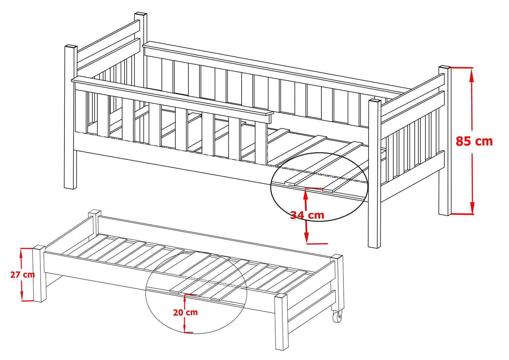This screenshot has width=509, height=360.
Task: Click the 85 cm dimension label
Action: (x=474, y=141)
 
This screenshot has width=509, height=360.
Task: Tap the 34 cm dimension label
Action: (x=307, y=215)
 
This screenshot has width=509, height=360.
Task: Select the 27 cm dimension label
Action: (x=22, y=275)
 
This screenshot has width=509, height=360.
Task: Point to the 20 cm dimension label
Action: (x=185, y=312)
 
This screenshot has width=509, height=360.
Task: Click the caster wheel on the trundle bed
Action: (x=337, y=316)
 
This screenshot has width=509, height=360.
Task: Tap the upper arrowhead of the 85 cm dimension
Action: (x=472, y=74)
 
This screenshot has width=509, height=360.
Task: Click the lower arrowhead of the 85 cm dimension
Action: (x=472, y=207)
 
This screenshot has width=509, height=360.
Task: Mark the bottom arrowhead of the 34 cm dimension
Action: (x=307, y=238)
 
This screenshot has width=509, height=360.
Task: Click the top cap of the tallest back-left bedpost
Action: (x=141, y=14)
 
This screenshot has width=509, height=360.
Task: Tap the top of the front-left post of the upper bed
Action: (x=71, y=47)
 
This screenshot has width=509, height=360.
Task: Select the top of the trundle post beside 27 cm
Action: (x=39, y=247)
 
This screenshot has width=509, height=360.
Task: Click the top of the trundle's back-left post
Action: (x=95, y=212)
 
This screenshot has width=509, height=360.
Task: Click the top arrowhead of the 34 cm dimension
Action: (x=306, y=195)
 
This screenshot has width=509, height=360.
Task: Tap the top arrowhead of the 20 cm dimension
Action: (x=185, y=299)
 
